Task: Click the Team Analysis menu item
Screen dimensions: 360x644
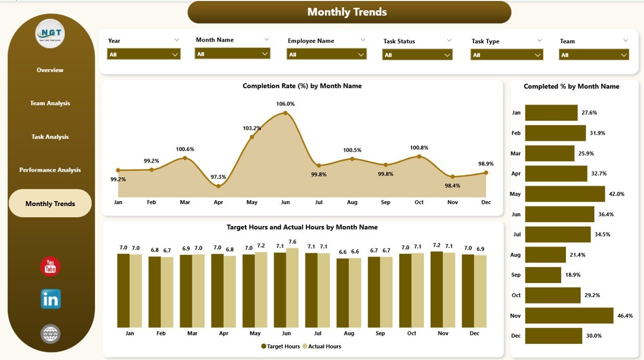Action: [x=50, y=103]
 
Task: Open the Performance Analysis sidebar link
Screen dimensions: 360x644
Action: [x=50, y=170]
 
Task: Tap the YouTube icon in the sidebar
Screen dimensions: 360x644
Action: [x=50, y=266]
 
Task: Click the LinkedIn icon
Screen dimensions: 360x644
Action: [x=51, y=299]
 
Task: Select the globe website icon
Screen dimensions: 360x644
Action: [x=50, y=334]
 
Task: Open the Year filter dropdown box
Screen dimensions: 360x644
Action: [x=144, y=54]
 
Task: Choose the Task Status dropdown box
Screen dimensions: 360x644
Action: [x=417, y=55]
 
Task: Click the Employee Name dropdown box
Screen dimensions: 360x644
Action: [x=327, y=54]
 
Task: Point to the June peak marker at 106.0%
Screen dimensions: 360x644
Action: [x=285, y=113]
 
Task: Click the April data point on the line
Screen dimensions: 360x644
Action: [x=218, y=186]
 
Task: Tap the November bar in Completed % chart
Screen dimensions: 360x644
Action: [x=569, y=315]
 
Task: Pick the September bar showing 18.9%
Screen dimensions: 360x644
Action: [x=543, y=275]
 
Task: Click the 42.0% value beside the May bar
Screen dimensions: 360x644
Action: [x=616, y=194]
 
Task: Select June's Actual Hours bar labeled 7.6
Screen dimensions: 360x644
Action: [x=292, y=288]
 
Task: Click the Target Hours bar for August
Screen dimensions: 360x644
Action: [x=343, y=293]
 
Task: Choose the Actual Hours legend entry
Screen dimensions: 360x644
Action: [x=321, y=346]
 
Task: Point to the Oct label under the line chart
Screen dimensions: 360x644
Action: [x=419, y=202]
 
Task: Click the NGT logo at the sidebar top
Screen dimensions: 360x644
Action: [x=50, y=34]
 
